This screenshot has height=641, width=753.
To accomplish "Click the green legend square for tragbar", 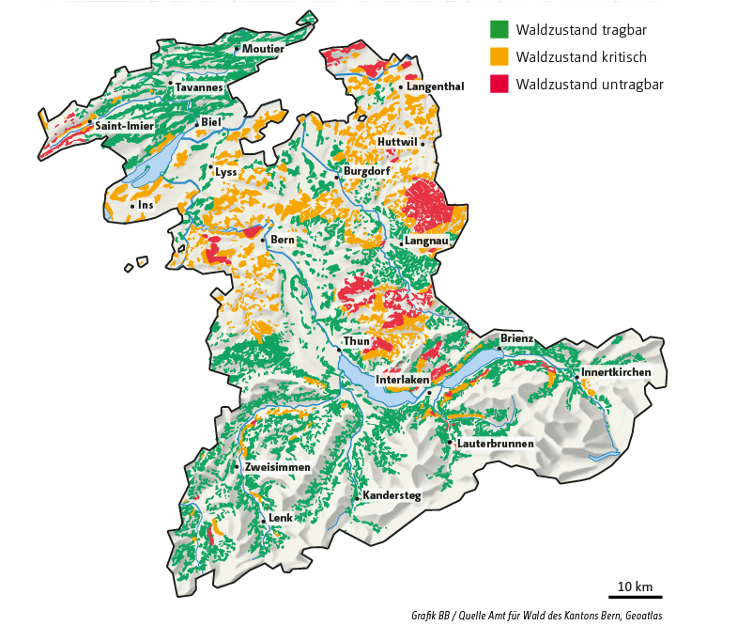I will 499,30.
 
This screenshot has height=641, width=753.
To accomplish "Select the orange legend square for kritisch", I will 499,57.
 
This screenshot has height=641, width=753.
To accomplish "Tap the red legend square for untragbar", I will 499,85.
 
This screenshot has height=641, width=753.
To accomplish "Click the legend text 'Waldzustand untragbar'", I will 590,85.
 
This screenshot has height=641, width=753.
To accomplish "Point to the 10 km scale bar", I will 635,596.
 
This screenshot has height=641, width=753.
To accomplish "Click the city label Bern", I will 283,241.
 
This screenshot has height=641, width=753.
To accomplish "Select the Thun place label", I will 357,340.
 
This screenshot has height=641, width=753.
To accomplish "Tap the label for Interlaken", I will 402,380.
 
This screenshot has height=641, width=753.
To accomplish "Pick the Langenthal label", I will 436,86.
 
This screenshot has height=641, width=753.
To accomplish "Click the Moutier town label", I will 263,49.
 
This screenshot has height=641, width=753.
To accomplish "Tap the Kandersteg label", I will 392,494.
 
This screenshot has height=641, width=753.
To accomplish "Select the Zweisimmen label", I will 276,467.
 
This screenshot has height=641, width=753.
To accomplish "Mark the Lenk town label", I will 281,518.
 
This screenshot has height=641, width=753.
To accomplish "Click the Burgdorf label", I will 366,172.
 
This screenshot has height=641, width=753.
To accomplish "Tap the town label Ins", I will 145,205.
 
